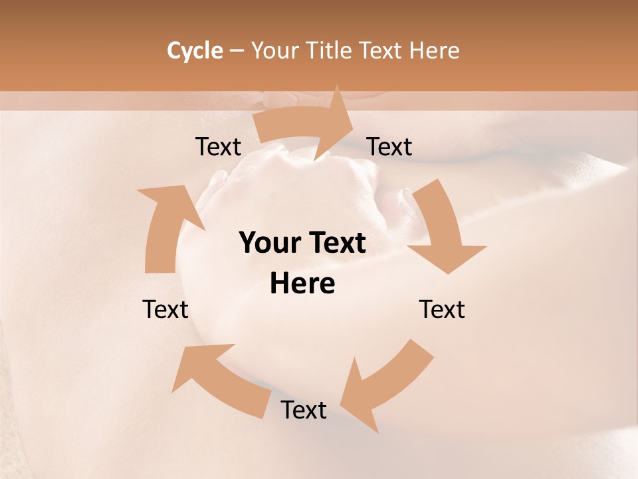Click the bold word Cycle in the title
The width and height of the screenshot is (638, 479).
(195, 51)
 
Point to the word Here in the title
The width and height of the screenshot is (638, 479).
(435, 51)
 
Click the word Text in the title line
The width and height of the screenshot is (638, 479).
(383, 51)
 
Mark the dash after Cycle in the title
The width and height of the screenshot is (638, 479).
(236, 51)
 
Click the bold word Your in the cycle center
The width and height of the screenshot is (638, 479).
(268, 243)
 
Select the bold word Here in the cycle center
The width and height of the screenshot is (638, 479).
(302, 284)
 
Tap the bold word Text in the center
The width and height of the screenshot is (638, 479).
(335, 243)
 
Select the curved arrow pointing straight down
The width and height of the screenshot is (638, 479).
(439, 226)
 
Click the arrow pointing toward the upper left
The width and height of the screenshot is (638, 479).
(219, 379)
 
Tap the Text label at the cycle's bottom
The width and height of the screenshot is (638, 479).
(304, 410)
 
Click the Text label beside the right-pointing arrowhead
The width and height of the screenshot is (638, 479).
(389, 146)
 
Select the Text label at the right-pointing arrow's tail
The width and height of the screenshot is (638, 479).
(218, 146)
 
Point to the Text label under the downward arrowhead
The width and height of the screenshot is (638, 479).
(442, 309)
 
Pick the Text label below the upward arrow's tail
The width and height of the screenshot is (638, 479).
(165, 309)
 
